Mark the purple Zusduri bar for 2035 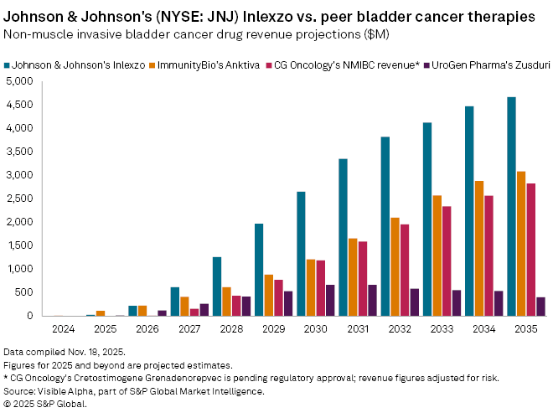coord(540,307)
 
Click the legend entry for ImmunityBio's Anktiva coord(209,65)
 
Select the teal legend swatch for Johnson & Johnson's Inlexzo coord(8,65)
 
